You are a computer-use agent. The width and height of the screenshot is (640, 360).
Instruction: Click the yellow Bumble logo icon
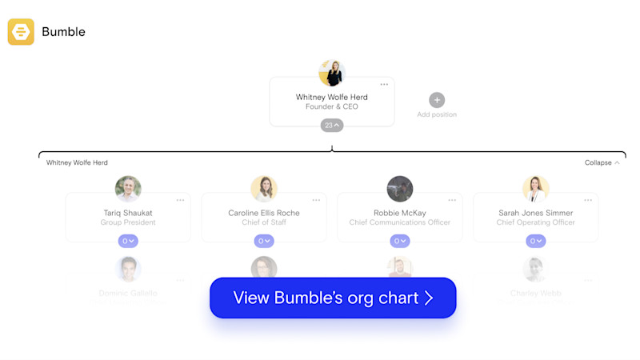(x=21, y=32)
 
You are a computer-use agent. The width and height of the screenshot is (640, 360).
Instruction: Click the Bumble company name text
(x=63, y=32)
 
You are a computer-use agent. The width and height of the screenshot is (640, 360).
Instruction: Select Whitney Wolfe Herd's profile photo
(x=331, y=73)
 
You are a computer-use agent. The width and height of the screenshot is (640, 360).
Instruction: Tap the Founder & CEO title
(x=331, y=107)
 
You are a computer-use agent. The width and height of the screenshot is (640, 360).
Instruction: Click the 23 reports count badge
(x=332, y=125)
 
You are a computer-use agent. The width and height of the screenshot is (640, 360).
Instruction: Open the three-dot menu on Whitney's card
(x=384, y=85)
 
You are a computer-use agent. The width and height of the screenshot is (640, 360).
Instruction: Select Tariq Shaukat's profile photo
(x=128, y=189)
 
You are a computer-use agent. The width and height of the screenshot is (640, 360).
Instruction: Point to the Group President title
(x=128, y=222)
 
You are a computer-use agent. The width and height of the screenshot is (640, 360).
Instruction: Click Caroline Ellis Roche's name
(x=264, y=213)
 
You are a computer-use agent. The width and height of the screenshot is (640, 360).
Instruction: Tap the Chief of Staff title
(x=264, y=222)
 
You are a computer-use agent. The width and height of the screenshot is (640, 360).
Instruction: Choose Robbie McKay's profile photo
(x=400, y=189)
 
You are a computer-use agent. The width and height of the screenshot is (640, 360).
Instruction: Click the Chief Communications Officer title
(x=400, y=222)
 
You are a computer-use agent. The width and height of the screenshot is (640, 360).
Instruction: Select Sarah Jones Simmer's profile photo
(x=536, y=189)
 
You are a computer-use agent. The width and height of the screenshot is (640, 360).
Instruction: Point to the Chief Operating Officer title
(x=536, y=222)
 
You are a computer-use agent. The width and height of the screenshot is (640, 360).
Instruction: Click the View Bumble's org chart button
(x=333, y=298)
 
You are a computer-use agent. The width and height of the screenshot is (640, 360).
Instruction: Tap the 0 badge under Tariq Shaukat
(x=128, y=241)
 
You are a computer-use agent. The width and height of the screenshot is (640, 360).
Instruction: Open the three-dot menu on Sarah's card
(x=588, y=200)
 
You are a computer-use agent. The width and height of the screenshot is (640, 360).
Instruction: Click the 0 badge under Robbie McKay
(x=400, y=241)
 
